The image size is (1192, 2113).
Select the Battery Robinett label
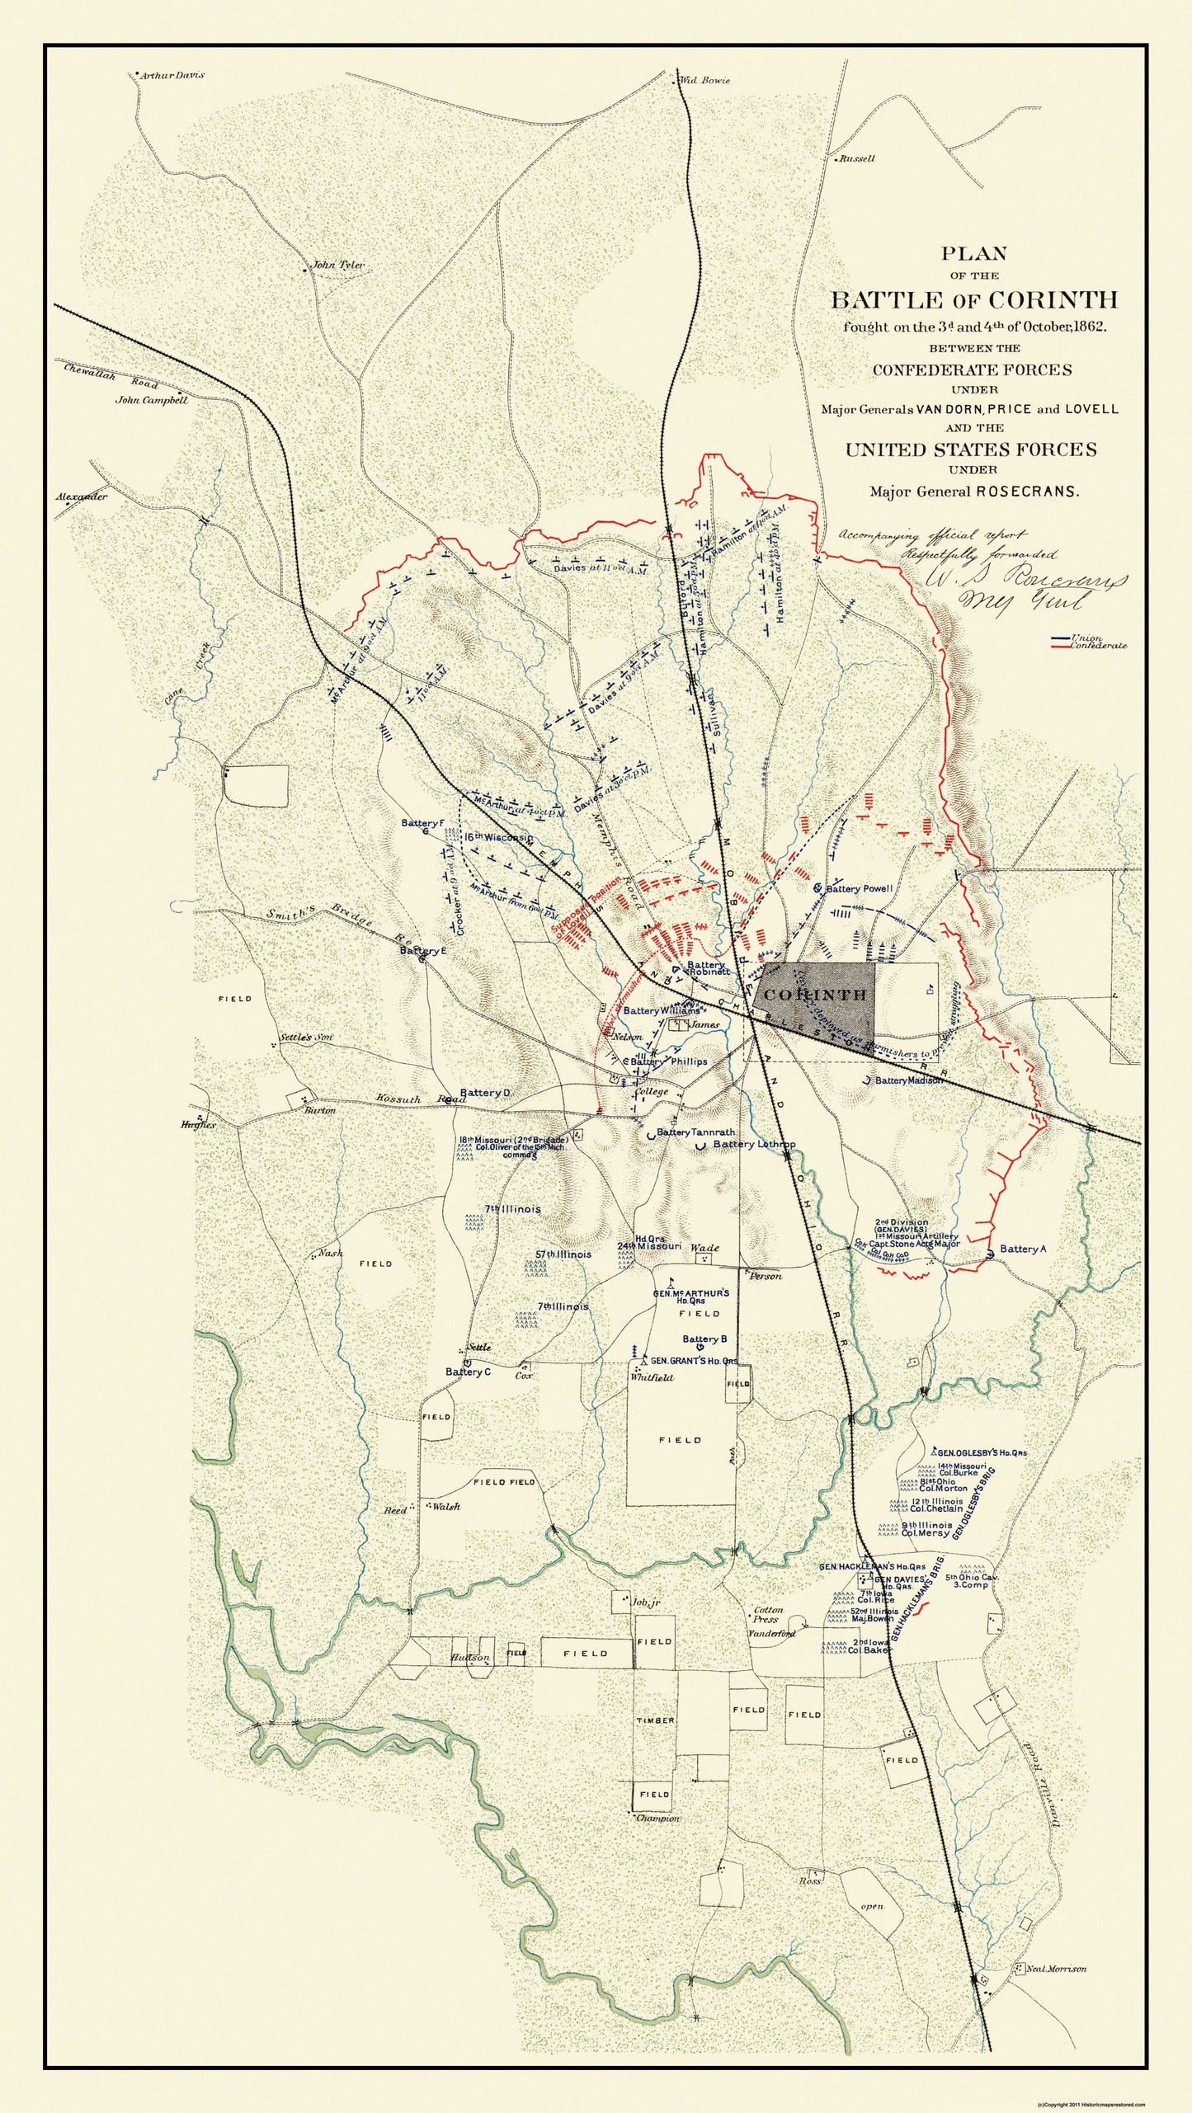click(x=706, y=968)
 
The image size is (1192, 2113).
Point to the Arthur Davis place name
click(x=171, y=75)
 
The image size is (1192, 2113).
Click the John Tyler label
click(x=334, y=266)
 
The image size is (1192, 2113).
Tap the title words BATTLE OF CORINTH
click(x=973, y=299)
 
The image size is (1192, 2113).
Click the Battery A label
click(x=1023, y=1249)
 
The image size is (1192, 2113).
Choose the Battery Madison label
click(x=907, y=1080)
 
